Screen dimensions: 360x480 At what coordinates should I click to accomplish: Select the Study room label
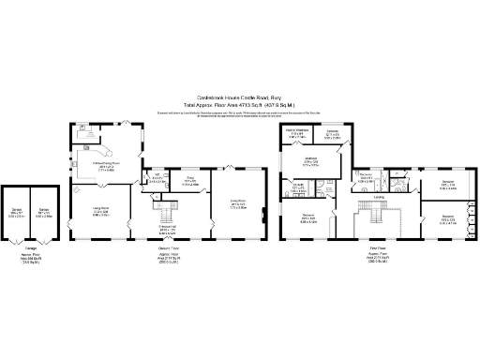(188, 182)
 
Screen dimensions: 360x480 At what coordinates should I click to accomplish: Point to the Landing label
(378, 196)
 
